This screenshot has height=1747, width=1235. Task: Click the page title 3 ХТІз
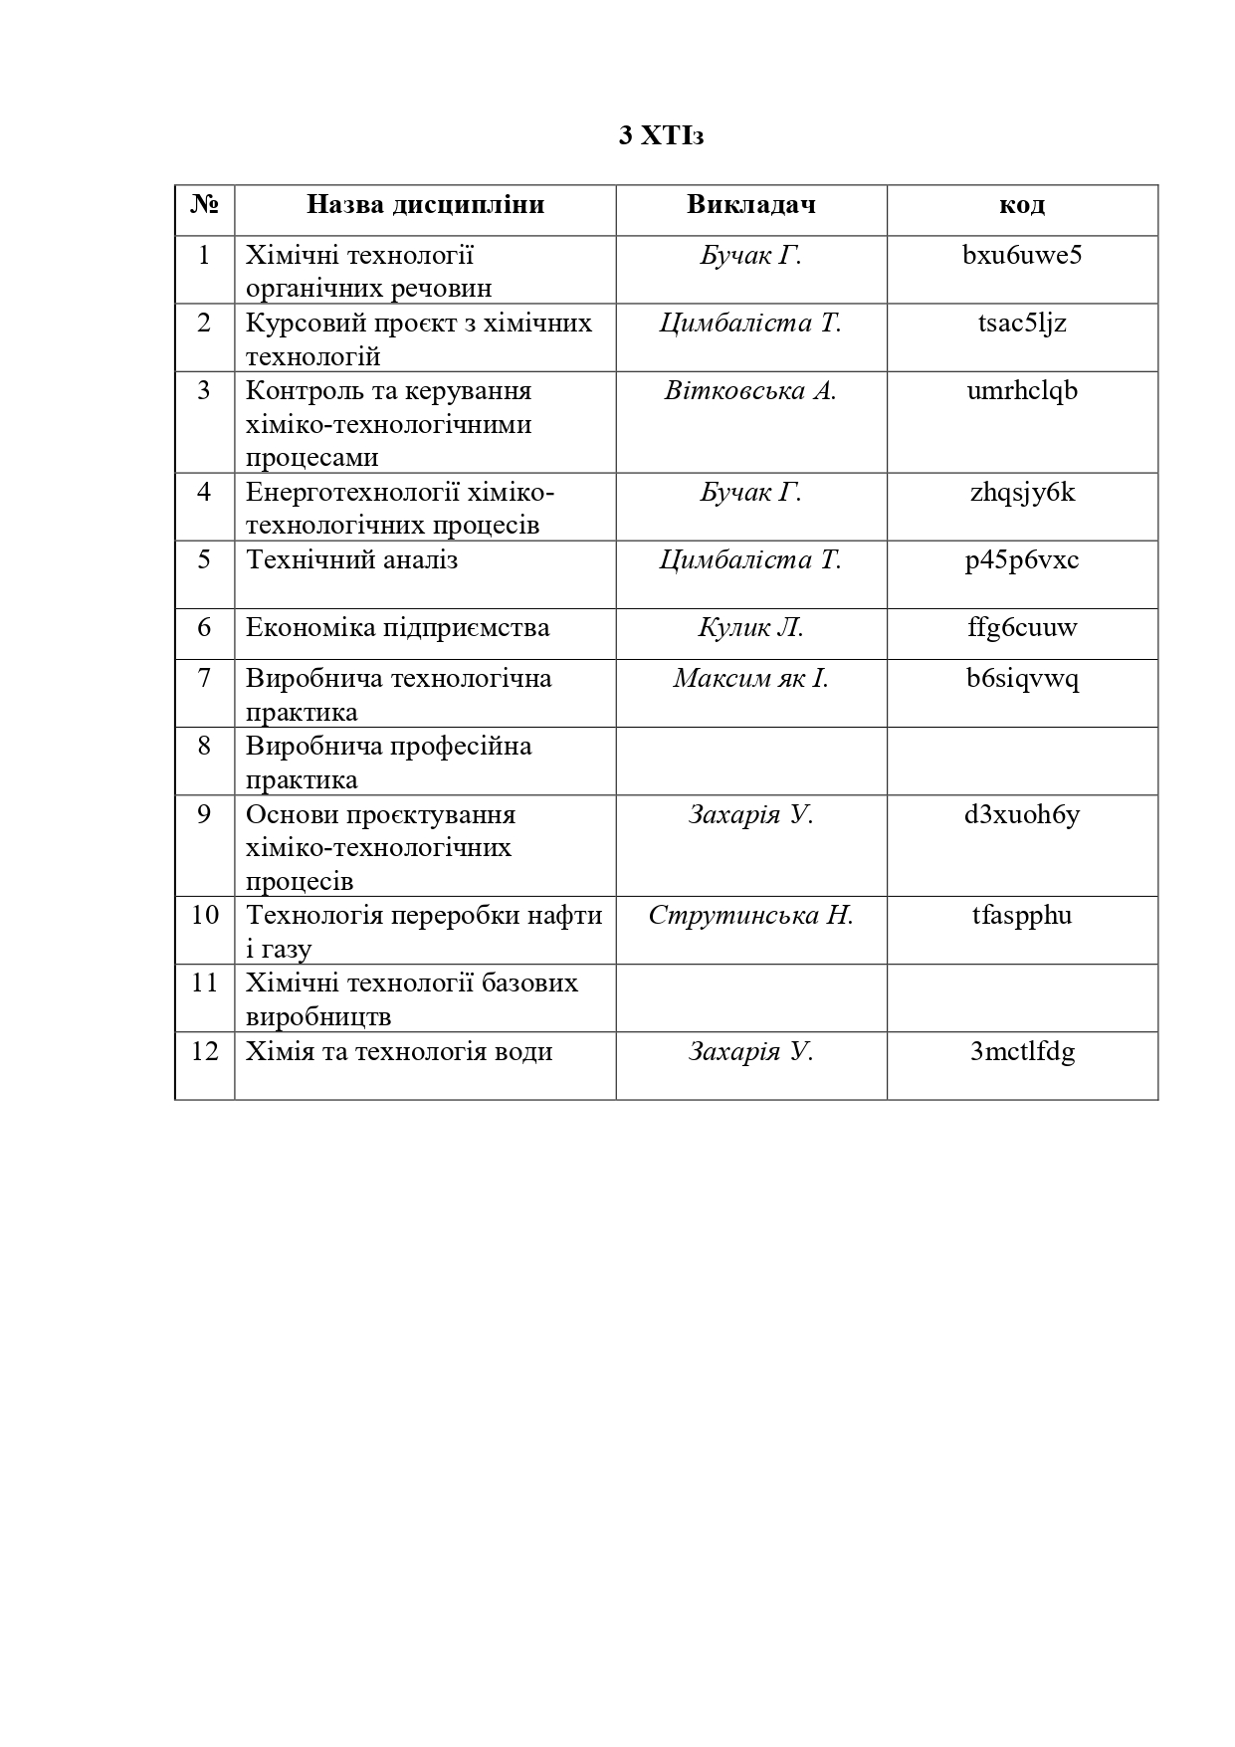660,135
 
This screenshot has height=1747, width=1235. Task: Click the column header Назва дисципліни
425,205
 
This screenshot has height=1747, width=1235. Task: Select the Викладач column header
750,205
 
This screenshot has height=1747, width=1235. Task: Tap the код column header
1022,205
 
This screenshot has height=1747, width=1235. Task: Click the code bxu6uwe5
1022,256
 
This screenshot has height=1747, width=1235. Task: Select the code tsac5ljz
1022,324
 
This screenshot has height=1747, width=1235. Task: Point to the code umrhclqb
1022,391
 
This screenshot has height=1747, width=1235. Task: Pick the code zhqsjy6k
1022,493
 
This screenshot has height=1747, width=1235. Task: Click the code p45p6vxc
1022,560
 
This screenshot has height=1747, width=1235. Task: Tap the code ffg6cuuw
1022,628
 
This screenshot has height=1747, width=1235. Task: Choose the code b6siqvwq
1022,679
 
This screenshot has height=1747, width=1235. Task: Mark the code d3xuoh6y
1022,815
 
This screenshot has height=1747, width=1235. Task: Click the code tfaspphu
1022,916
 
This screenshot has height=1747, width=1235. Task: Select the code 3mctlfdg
1022,1052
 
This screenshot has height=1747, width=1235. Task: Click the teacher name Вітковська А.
750,391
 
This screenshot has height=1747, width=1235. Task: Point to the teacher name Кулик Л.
750,628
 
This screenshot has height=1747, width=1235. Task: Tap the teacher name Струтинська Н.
750,916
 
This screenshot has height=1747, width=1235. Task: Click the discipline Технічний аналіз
351,560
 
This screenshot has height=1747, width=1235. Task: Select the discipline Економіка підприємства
397,628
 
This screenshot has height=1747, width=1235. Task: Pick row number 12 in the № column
204,1052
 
